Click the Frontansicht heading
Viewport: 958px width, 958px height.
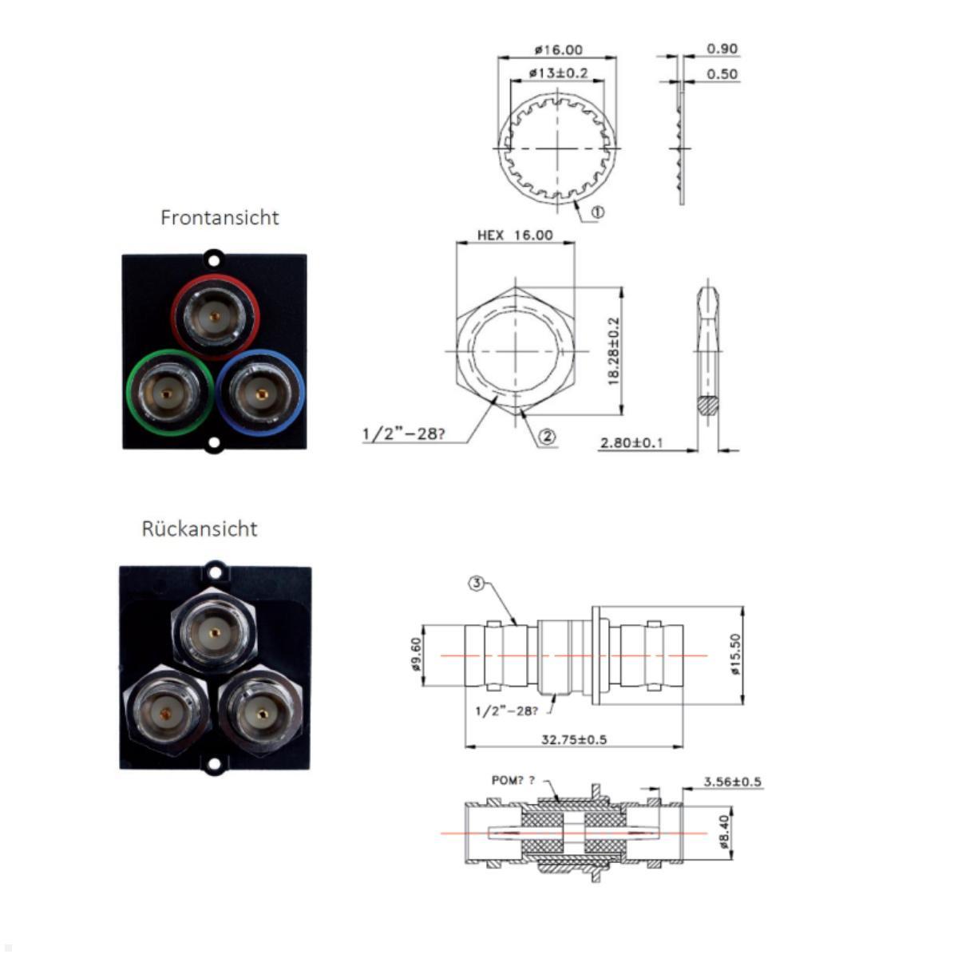[220, 217]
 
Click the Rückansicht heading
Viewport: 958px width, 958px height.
[200, 528]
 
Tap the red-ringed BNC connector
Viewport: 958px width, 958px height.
[215, 317]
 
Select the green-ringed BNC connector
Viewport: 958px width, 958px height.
[168, 393]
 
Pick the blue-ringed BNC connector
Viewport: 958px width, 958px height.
[260, 393]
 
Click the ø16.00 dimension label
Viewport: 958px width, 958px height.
[558, 49]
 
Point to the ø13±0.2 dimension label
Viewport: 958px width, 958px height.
[558, 73]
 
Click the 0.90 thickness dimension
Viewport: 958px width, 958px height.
[722, 49]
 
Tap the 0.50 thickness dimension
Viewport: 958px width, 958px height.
[722, 74]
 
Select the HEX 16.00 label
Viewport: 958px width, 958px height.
[515, 235]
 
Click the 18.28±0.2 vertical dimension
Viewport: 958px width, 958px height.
[614, 351]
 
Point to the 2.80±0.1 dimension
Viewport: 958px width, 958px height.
[631, 442]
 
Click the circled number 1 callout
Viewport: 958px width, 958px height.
[598, 212]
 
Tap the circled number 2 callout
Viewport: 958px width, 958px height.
[547, 436]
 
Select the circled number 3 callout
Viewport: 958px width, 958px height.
[477, 584]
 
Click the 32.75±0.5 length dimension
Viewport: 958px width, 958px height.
[573, 739]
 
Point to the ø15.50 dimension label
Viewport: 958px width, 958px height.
[735, 655]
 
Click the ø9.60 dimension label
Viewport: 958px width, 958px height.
[415, 655]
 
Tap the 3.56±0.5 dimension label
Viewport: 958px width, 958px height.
[732, 782]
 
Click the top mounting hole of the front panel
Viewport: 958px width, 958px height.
[213, 259]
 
